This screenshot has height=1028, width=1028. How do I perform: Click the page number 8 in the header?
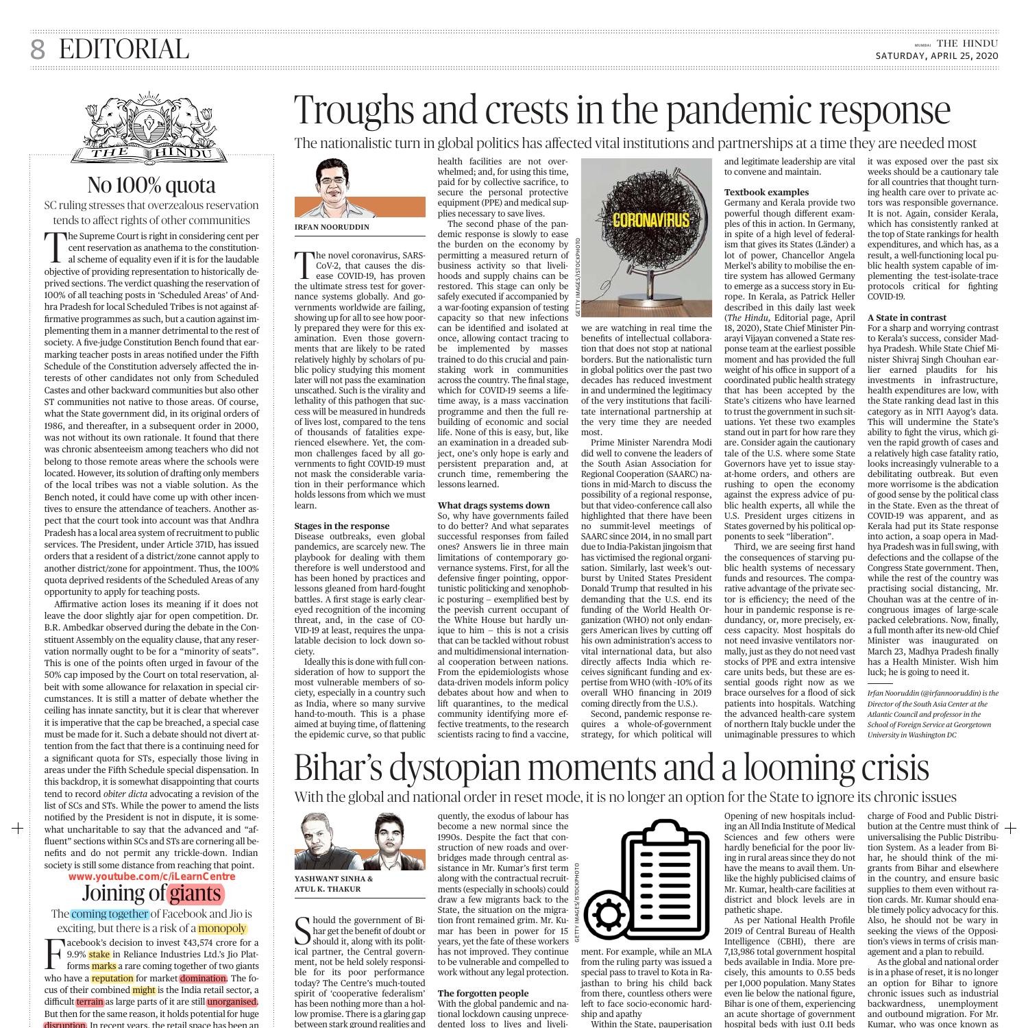click(38, 50)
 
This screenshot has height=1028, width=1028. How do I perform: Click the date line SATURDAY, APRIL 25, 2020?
click(936, 56)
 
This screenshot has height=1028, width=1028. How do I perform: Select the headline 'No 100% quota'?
click(151, 185)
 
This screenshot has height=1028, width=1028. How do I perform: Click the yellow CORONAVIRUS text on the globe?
click(641, 220)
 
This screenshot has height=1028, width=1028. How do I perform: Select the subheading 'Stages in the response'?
click(341, 526)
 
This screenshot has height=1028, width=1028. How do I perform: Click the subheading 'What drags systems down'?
click(493, 505)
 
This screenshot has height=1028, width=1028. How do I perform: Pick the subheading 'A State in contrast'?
click(907, 317)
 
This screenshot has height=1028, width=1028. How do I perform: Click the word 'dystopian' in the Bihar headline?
click(465, 768)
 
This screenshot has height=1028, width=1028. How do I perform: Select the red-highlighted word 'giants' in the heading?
click(195, 893)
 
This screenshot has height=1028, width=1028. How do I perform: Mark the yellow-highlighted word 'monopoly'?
click(222, 929)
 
